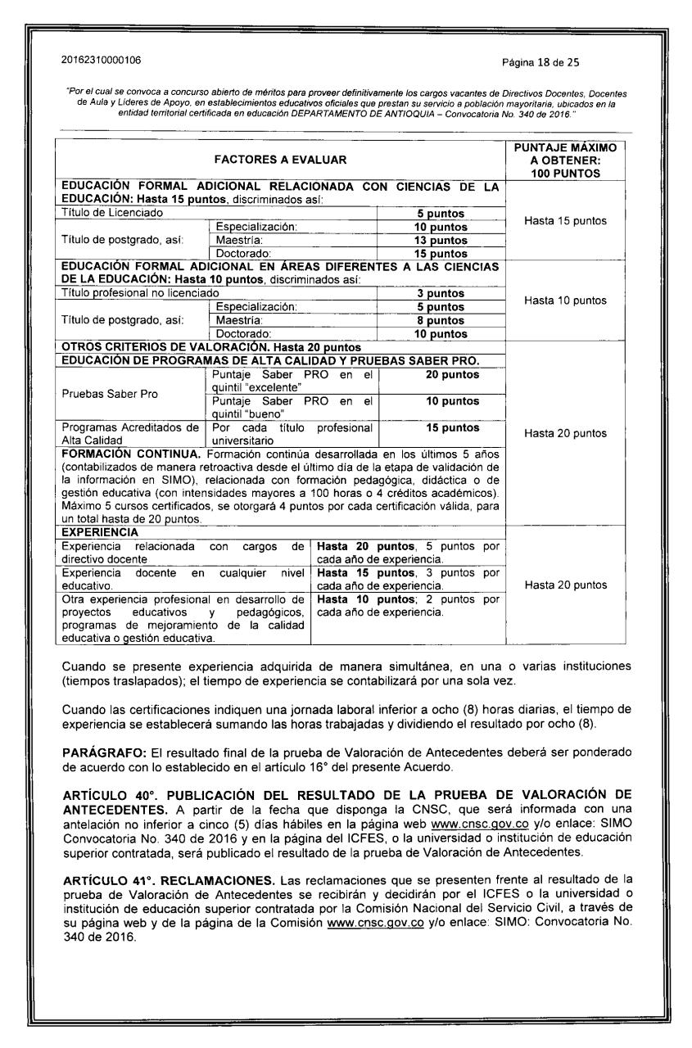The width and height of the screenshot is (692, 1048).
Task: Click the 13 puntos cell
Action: (442, 241)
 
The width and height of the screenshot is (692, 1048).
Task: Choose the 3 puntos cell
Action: (442, 292)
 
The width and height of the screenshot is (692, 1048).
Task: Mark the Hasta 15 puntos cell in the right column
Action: (562, 220)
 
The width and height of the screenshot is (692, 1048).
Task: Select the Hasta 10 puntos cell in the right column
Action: (562, 300)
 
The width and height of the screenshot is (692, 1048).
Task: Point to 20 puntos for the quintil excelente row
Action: (442, 374)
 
